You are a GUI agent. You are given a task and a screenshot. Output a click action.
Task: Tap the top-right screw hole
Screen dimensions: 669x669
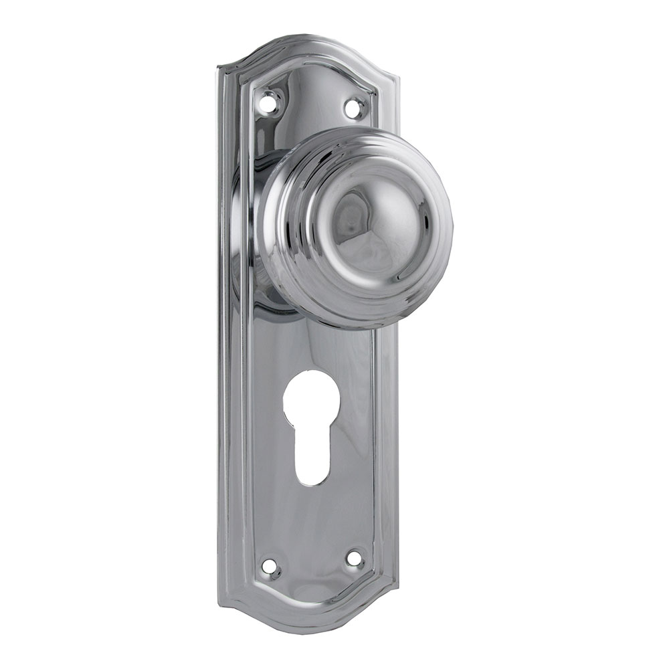click(x=355, y=106)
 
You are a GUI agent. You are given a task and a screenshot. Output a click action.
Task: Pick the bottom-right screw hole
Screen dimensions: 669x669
click(x=354, y=557)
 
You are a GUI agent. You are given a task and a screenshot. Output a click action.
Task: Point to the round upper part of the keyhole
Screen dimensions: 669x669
click(x=310, y=402)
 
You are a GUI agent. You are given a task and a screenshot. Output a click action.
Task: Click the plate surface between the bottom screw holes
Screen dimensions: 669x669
click(x=312, y=565)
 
